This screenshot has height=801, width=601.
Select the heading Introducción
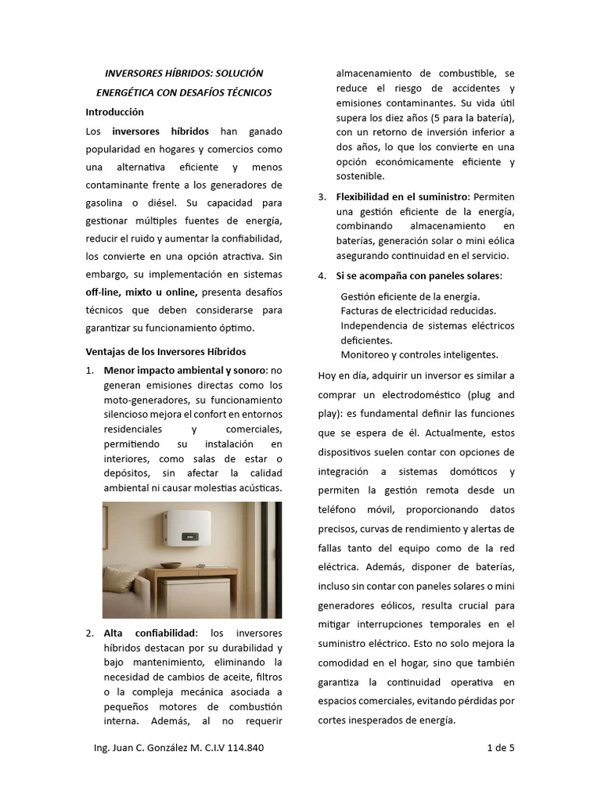pyautogui.click(x=114, y=112)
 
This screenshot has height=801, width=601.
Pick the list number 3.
pyautogui.click(x=322, y=196)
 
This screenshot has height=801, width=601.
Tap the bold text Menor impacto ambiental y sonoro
pyautogui.click(x=185, y=370)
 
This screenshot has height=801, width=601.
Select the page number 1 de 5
pyautogui.click(x=501, y=748)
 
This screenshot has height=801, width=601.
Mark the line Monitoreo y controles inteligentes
pyautogui.click(x=419, y=354)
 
